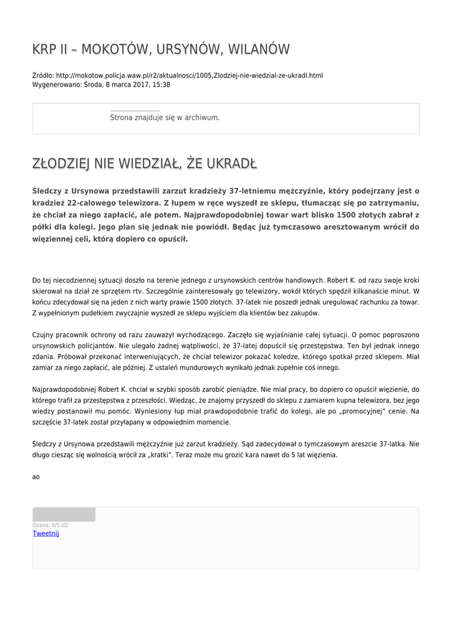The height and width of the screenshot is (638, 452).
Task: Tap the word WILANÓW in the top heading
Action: (x=258, y=49)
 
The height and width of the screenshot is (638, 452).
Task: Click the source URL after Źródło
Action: (x=189, y=75)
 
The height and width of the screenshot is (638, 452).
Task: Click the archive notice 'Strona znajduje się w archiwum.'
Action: (x=165, y=117)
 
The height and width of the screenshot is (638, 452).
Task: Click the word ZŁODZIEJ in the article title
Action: (x=61, y=164)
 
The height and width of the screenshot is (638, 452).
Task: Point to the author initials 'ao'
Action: (x=36, y=477)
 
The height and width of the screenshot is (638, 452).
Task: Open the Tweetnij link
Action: (x=46, y=533)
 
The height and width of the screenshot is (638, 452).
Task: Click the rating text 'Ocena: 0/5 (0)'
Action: (x=50, y=525)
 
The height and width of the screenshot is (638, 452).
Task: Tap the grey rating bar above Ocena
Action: (x=64, y=515)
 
